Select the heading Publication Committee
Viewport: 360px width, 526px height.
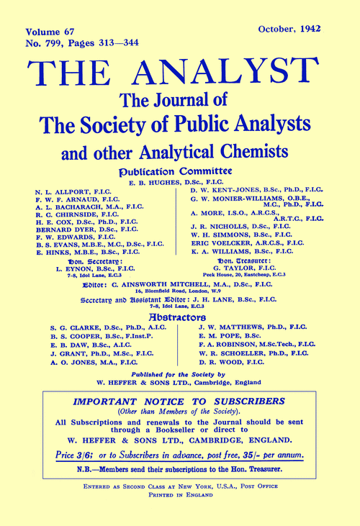coord(180,173)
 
